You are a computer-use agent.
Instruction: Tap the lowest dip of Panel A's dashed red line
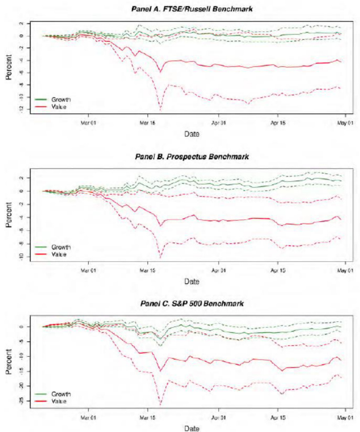[x=160, y=111]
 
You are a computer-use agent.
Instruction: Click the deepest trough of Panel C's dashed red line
[x=160, y=405]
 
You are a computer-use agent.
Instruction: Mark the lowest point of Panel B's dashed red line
[x=160, y=257]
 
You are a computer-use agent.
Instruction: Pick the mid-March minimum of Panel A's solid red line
[x=160, y=72]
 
